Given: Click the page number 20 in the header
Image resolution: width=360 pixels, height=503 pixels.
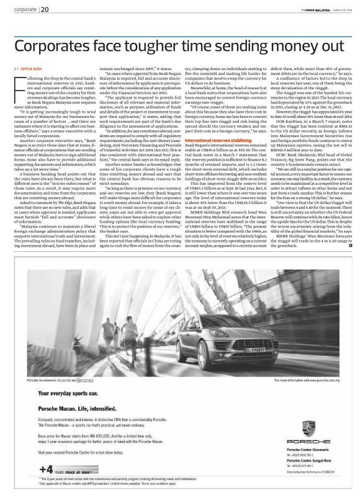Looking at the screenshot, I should tap(45, 9).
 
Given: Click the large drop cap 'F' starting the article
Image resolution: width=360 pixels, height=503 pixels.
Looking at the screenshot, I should tap(17, 80).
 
